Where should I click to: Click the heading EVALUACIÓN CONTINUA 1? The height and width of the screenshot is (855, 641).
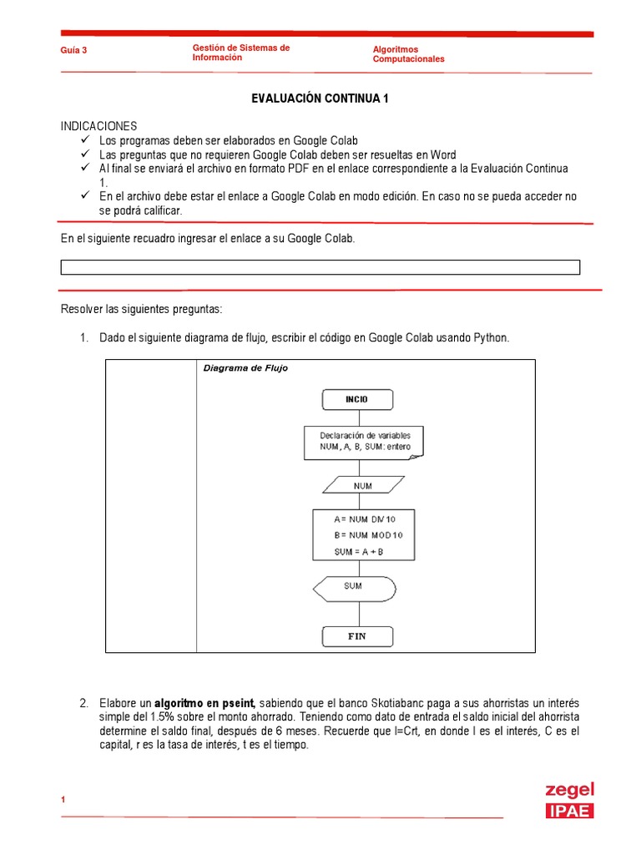point(320,99)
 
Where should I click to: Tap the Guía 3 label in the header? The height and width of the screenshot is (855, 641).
point(73,50)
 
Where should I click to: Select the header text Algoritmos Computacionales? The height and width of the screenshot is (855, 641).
point(408,54)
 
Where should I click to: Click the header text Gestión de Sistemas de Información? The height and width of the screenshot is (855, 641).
point(240,53)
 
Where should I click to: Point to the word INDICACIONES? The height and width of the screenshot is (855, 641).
point(98,126)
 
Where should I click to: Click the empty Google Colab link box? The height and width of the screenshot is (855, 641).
point(320,267)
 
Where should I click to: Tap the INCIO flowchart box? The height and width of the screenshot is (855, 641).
point(356,399)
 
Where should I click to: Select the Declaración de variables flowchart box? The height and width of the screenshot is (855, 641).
point(364,441)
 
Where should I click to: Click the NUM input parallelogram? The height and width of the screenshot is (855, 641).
point(363,485)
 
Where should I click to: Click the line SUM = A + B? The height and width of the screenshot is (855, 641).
point(354,553)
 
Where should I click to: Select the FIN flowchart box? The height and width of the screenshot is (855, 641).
point(356,636)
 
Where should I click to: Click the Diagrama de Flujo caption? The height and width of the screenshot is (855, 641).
point(245,368)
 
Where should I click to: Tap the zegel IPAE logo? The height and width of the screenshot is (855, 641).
point(569,800)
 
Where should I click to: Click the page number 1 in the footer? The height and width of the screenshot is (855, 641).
point(63,801)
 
